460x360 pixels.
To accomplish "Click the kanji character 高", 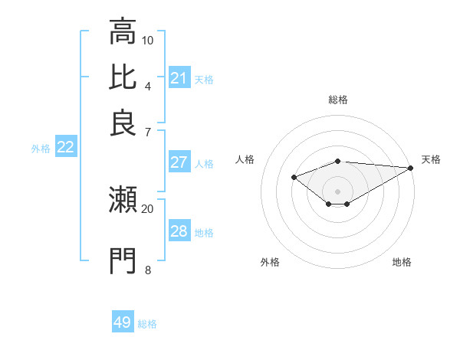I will (123, 32).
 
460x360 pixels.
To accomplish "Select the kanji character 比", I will (123, 77).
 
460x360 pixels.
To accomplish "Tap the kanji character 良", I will (123, 123).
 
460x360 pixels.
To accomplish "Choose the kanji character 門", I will (123, 260).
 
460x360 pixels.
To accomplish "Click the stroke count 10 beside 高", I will (148, 40).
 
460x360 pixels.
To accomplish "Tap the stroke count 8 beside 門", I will (148, 269).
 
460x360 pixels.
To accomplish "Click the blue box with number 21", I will (179, 78).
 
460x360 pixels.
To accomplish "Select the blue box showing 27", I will (179, 162).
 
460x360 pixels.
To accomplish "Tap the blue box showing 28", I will (179, 231).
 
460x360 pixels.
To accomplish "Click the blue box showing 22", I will (65, 147).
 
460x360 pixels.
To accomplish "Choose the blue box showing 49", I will (123, 322).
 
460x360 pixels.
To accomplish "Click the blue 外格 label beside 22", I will (41, 149).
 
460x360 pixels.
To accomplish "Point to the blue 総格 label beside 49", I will (147, 324).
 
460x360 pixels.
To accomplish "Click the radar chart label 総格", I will (338, 100).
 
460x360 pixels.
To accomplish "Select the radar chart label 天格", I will (431, 159).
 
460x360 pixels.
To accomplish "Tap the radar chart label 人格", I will (245, 159).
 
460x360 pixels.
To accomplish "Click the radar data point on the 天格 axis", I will (412, 168).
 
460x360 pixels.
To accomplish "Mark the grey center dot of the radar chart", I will (338, 191).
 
